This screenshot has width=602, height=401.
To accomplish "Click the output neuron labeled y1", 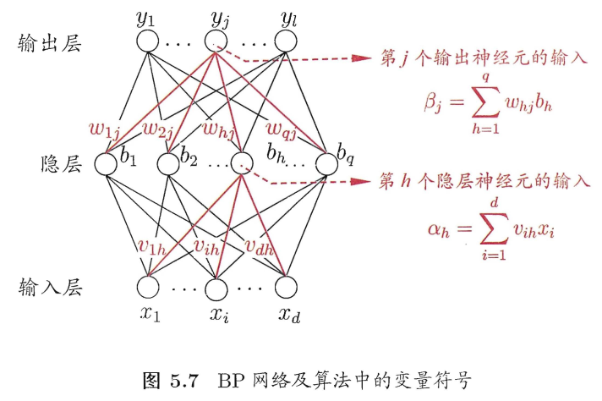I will coord(148,41).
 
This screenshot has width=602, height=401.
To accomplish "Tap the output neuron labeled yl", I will coord(287,41).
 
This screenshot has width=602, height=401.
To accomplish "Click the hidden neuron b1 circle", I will coord(107,162).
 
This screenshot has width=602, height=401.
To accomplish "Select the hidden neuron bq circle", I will coord(326,162).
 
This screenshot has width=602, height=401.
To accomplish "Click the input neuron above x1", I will coord(148,288).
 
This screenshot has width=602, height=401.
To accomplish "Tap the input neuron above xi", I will coord(218,288).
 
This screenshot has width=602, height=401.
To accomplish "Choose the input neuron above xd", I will coord(287,288).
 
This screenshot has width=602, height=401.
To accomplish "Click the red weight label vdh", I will coord(263,246).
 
